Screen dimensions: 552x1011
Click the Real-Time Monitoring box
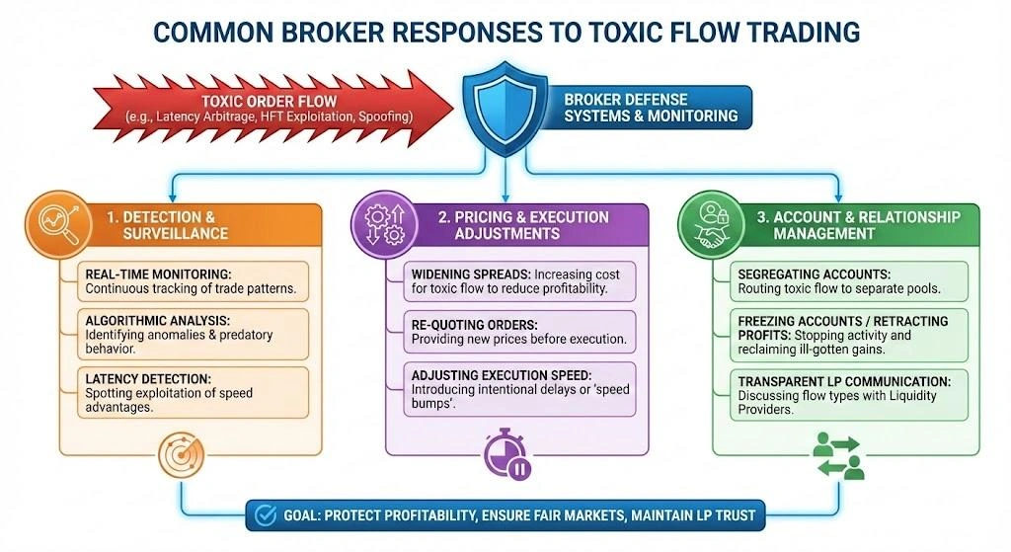192,280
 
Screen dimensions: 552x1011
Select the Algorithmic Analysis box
192,334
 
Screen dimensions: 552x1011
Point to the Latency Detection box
192,392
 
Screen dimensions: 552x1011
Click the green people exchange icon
838,455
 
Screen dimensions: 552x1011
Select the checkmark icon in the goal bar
265,513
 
